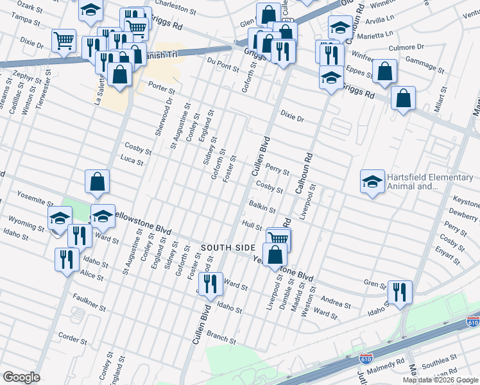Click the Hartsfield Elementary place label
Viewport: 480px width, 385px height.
click(411, 182)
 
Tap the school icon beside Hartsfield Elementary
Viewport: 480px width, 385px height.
click(372, 182)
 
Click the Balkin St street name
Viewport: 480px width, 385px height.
click(262, 209)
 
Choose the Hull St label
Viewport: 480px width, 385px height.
click(252, 226)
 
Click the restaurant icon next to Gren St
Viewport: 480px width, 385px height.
click(400, 292)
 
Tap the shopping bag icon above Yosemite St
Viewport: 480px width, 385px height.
click(96, 182)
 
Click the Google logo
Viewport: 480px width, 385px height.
click(21, 377)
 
